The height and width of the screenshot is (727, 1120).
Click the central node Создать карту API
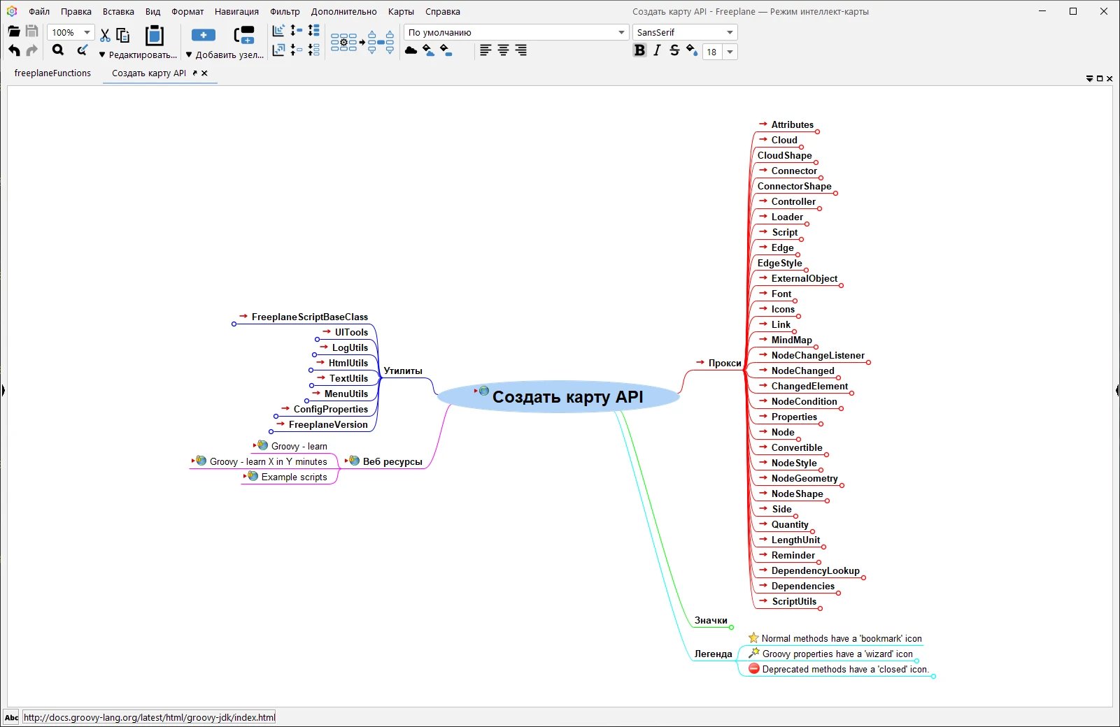567,397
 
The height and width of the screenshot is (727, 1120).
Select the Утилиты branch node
402,370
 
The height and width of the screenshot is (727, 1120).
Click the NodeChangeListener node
818,355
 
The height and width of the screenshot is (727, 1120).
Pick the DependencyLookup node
815,570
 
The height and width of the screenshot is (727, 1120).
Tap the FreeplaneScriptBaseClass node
309,317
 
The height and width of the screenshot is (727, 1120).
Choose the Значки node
711,620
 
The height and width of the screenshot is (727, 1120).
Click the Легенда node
713,654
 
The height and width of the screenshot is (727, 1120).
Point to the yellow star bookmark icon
753,638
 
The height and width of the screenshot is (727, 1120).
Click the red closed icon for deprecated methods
754,668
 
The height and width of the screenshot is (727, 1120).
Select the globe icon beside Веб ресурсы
354,461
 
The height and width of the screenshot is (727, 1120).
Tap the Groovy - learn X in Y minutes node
268,461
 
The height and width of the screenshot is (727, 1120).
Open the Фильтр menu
285,11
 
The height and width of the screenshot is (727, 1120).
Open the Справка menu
443,11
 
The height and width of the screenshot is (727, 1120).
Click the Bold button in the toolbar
639,50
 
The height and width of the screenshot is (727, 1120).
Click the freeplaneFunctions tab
52,73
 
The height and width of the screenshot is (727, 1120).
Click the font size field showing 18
712,52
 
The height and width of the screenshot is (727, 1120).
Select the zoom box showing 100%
70,32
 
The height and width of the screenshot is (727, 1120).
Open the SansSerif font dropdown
684,32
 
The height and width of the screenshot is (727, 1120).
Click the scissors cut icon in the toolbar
104,35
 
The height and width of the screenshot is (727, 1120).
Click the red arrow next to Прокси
700,362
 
